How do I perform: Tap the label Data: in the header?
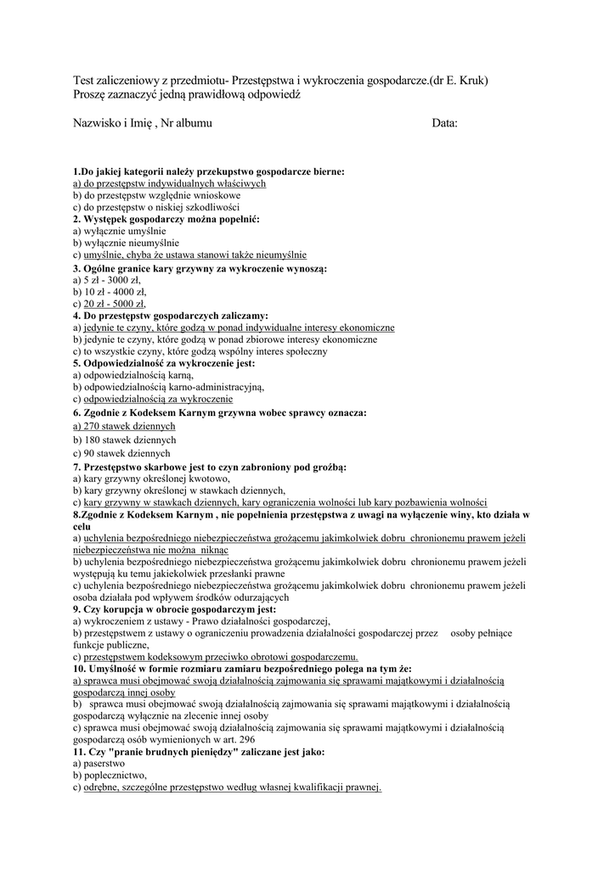tap(444, 124)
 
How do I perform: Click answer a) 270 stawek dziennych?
tap(124, 426)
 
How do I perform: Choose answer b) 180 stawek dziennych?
tap(124, 440)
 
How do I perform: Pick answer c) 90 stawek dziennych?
tap(121, 454)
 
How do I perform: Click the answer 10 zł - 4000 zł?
tap(114, 292)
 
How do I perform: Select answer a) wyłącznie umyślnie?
tap(120, 231)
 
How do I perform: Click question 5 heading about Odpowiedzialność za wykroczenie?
tap(164, 363)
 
